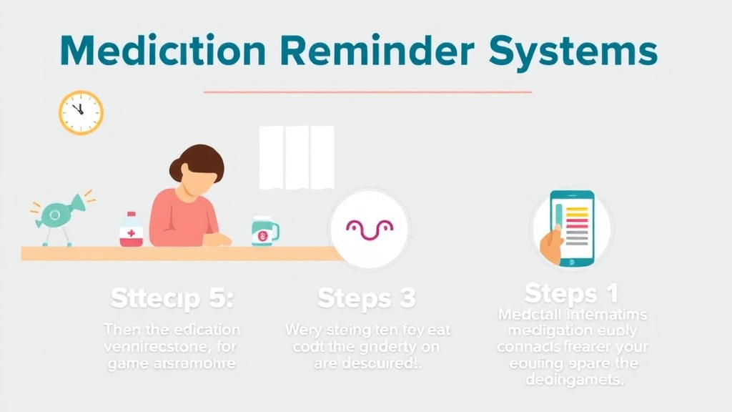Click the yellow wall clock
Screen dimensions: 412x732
(81, 112)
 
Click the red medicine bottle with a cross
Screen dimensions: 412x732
(131, 230)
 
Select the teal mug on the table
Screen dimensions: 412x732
(264, 231)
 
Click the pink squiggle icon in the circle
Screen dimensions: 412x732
(369, 228)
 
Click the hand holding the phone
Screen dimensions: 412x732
(550, 245)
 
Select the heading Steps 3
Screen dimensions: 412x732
(366, 298)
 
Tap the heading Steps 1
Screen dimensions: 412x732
(570, 293)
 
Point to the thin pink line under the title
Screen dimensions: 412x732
(367, 92)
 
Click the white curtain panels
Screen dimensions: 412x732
(296, 157)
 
